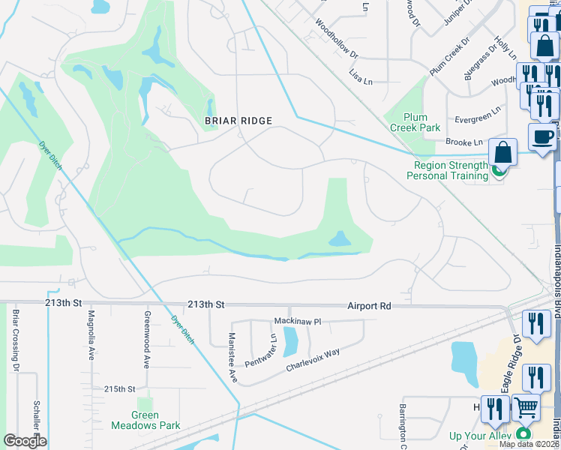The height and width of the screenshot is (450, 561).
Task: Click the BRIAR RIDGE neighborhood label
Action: click(238, 120)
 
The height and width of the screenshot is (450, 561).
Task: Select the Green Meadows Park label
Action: click(145, 420)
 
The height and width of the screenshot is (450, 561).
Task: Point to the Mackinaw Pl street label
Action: click(296, 321)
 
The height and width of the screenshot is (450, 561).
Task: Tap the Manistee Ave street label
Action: click(232, 358)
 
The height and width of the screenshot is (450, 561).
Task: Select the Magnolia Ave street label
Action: click(91, 335)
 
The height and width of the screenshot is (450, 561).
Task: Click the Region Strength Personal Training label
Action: click(447, 170)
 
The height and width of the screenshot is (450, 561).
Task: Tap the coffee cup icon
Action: click(541, 136)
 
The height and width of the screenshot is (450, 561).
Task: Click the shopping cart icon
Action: click(526, 408)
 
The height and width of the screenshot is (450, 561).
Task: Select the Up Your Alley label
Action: click(480, 436)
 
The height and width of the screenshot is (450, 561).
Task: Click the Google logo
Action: click(25, 440)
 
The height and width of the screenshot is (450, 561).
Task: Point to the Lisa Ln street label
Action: click(361, 75)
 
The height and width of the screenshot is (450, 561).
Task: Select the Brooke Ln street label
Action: click(463, 142)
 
